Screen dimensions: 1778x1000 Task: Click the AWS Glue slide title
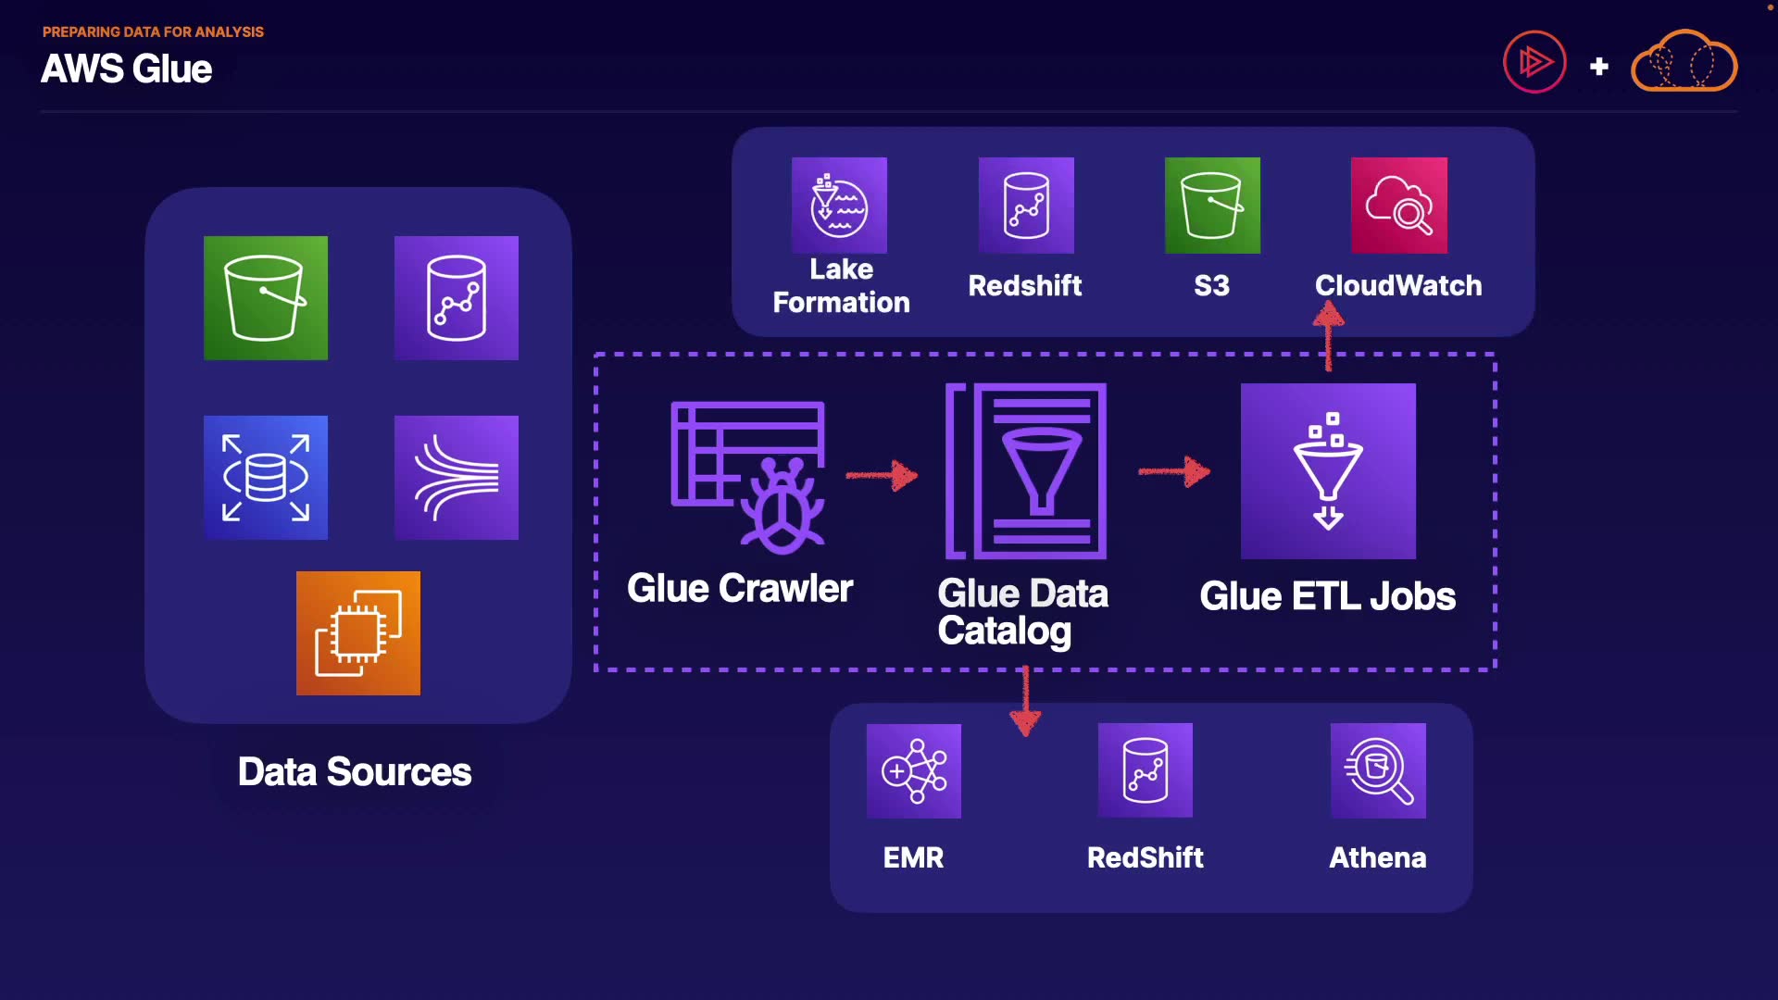click(127, 69)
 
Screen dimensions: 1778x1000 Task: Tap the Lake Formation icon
click(839, 206)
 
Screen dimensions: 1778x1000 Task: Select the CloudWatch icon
click(1399, 206)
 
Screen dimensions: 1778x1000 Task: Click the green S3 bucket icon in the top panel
click(1212, 206)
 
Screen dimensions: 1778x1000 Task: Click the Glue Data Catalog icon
click(1026, 471)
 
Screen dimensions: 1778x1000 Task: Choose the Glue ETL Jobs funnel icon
click(1328, 471)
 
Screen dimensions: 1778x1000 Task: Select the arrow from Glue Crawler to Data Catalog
click(882, 475)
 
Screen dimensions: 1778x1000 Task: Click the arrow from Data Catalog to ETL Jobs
click(1174, 471)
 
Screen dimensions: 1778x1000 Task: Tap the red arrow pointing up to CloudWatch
click(1329, 338)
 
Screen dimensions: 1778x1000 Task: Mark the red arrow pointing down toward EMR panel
click(1025, 701)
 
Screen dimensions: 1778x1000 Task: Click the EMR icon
click(914, 771)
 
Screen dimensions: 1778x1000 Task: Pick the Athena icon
click(1378, 770)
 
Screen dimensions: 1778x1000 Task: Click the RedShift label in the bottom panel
click(1146, 857)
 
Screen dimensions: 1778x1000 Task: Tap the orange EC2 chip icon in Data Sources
click(358, 633)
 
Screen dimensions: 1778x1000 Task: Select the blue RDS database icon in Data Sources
click(266, 478)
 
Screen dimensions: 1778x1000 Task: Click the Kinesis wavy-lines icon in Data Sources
click(457, 478)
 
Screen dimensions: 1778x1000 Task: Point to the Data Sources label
click(355, 772)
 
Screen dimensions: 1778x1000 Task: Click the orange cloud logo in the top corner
click(1684, 61)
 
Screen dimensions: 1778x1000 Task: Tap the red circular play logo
click(1534, 62)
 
